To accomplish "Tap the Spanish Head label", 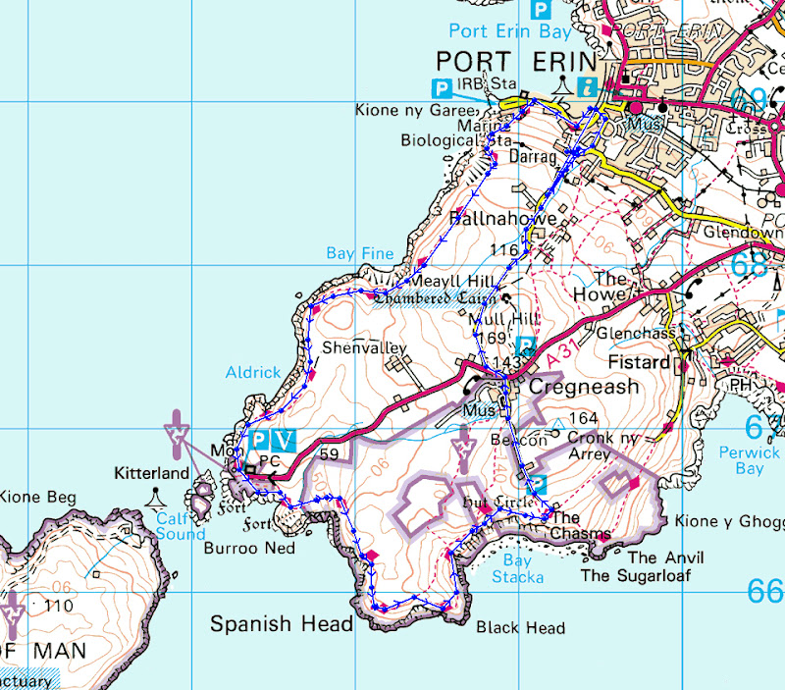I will pos(282,623).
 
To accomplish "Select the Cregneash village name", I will pos(584,387).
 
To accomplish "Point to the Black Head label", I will pos(520,628).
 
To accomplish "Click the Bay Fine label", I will pos(360,253).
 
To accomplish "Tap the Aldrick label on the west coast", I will pos(252,374).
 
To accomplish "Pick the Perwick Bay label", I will pos(749,461).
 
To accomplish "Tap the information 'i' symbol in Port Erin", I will pos(589,85).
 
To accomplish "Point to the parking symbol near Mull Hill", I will pos(526,345).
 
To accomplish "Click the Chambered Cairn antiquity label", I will pos(436,297).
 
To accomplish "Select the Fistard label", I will pos(638,362).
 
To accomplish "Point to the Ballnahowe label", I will pos(503,219).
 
